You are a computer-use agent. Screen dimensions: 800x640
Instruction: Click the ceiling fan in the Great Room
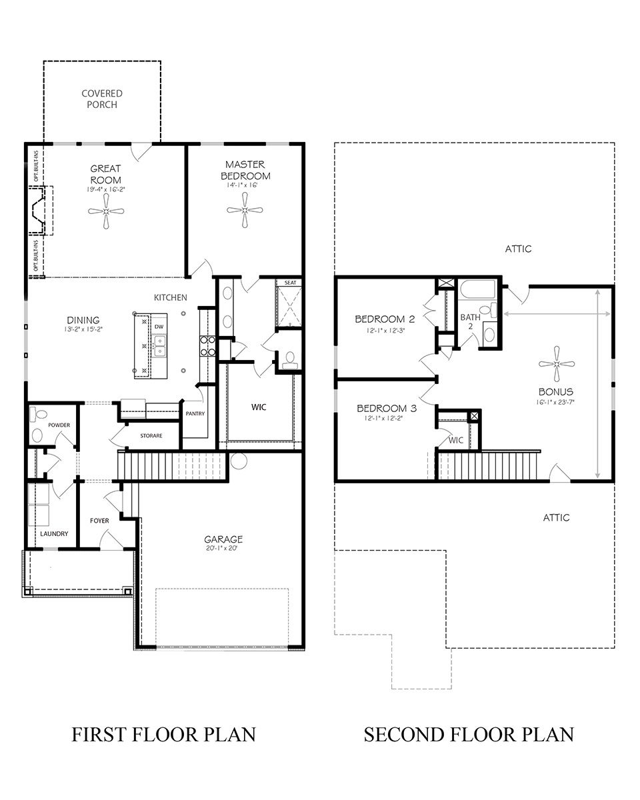tap(106, 211)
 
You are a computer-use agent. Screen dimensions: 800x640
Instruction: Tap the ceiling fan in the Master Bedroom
tap(245, 211)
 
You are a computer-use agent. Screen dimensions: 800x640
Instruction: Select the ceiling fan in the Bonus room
tap(557, 365)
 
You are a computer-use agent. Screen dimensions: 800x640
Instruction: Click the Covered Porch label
tap(102, 99)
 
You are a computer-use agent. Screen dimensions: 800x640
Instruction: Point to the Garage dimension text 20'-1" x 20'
tap(223, 549)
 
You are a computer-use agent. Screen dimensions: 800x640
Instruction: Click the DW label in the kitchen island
tap(159, 327)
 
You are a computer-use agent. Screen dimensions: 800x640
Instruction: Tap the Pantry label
tap(195, 413)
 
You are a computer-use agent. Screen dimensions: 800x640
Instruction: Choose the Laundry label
tap(54, 534)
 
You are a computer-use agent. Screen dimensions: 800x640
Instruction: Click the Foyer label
tap(99, 521)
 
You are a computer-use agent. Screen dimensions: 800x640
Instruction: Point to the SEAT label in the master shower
tap(290, 283)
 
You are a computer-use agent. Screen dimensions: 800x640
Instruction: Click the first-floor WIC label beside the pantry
tap(259, 407)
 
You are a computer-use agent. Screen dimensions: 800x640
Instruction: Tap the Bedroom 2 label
tap(385, 318)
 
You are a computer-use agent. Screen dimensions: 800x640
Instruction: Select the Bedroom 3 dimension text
tap(385, 419)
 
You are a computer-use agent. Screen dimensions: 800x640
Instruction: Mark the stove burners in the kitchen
tap(207, 346)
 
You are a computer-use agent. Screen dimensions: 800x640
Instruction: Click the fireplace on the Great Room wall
tap(39, 211)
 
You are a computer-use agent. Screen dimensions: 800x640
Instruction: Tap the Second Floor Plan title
tap(468, 735)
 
